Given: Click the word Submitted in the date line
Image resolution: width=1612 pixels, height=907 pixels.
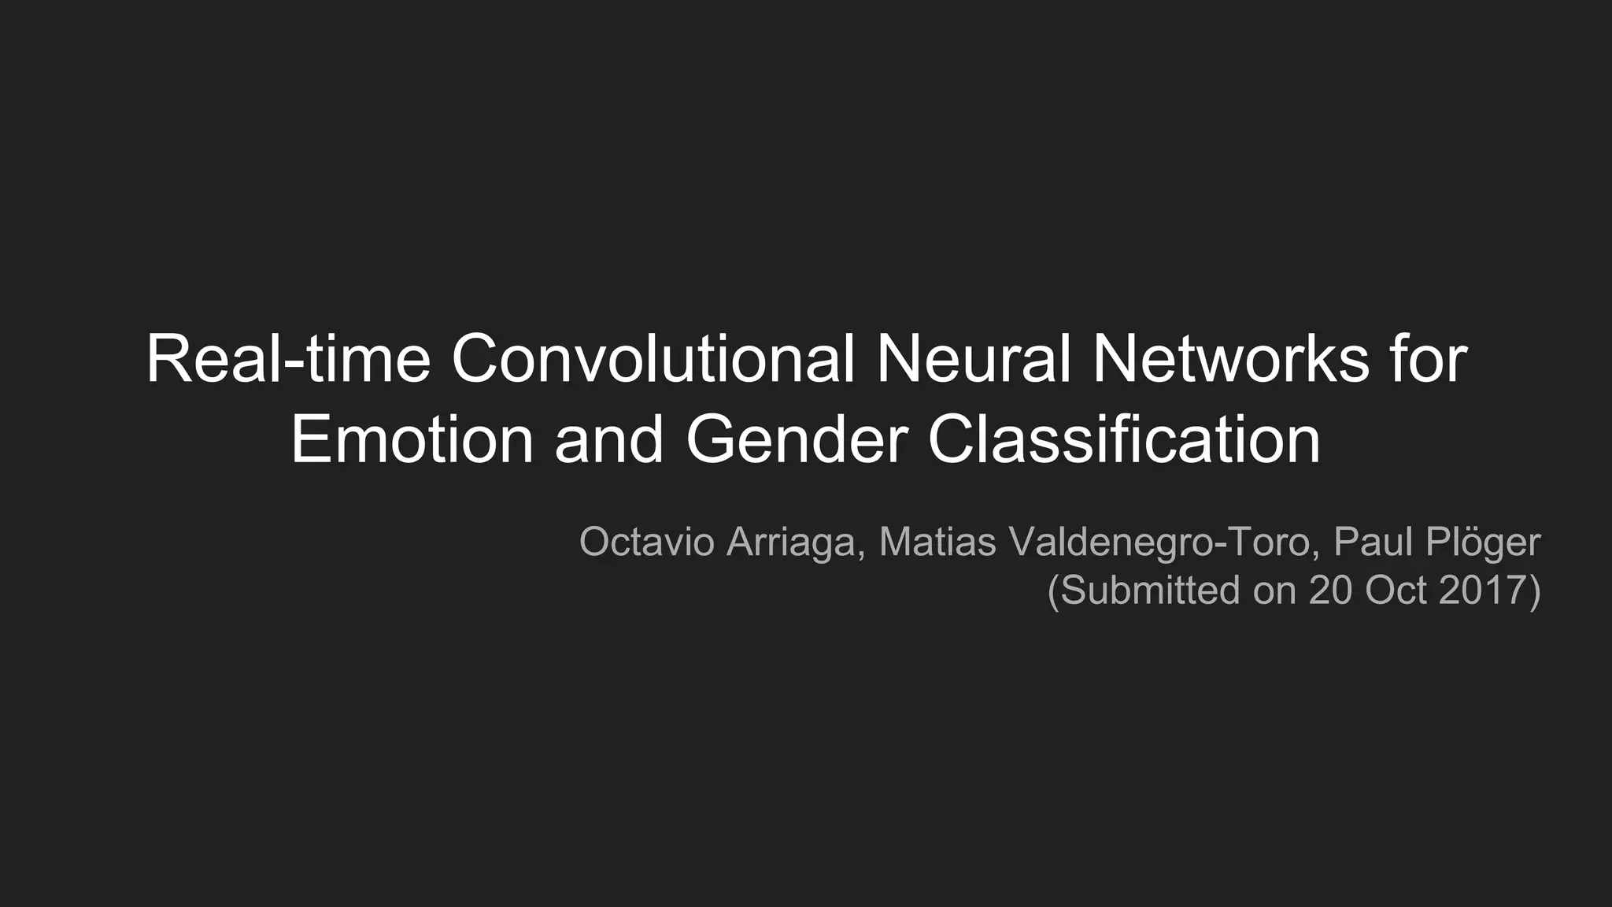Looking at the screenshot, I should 1148,590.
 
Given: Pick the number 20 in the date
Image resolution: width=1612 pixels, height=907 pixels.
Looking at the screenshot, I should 1330,590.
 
